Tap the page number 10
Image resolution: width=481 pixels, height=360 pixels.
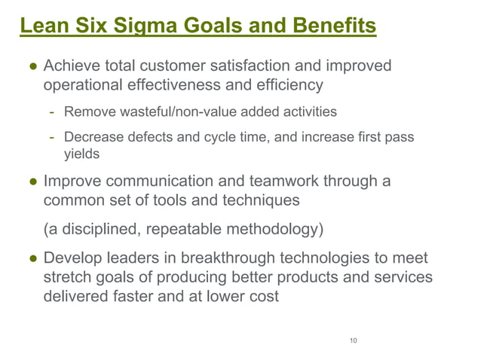(353, 341)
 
